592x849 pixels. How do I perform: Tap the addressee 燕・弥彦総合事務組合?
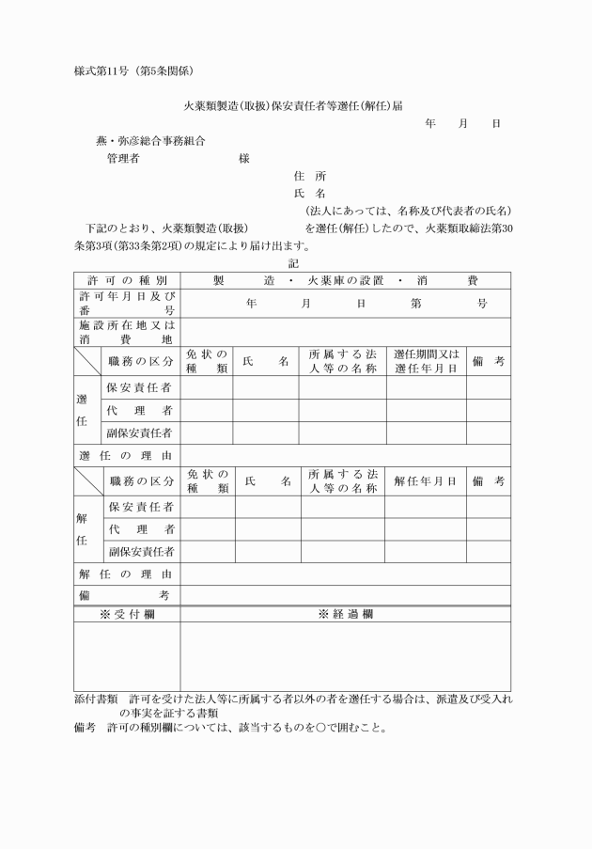(x=151, y=141)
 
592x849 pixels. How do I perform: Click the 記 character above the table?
(x=293, y=264)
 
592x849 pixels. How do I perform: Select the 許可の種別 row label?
(x=127, y=280)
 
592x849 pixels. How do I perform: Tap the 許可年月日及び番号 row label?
(x=127, y=303)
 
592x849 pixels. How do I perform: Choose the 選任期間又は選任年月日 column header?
(x=426, y=361)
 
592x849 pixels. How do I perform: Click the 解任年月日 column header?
(x=426, y=480)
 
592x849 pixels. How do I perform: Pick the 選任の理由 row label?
(x=127, y=455)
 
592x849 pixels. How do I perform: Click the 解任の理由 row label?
(x=127, y=573)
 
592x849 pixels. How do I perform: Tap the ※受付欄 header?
(x=127, y=613)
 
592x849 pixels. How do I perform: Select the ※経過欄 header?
(x=345, y=613)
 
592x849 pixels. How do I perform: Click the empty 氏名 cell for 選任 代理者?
(x=266, y=410)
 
